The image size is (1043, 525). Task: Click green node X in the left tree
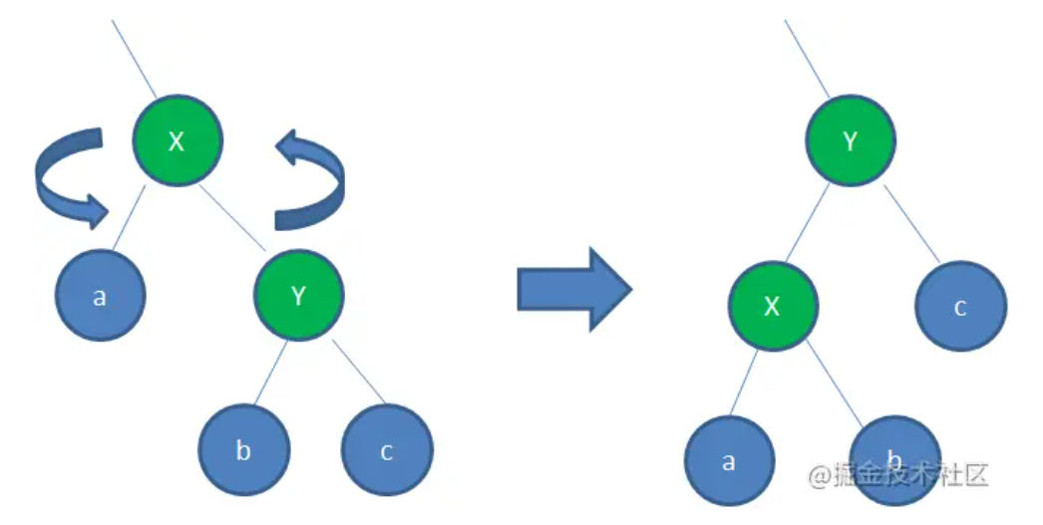click(x=177, y=141)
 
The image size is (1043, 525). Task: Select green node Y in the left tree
click(x=298, y=295)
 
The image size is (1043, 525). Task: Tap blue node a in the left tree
click(x=100, y=296)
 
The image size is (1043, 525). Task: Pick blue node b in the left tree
click(x=243, y=450)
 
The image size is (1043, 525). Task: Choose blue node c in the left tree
click(x=387, y=450)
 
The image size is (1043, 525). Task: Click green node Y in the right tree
click(x=850, y=141)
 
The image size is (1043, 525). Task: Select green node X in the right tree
click(x=772, y=306)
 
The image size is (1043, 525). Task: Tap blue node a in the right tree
click(x=729, y=461)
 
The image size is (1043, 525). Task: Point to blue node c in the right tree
click(x=960, y=306)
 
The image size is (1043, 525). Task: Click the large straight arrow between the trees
click(x=574, y=289)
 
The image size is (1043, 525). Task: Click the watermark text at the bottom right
click(x=897, y=475)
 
